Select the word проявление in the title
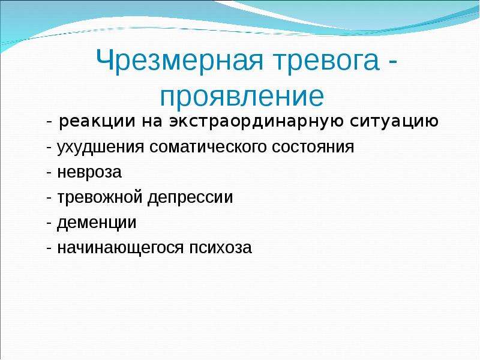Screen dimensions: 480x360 [242, 97]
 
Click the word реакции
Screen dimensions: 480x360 [97, 122]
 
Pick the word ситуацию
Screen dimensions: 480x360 [394, 122]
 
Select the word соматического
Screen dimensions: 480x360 [208, 147]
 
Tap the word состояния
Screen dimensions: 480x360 [313, 147]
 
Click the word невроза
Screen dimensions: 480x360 [89, 172]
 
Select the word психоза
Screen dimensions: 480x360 [220, 248]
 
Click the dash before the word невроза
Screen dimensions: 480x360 [49, 173]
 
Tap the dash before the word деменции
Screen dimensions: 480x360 [49, 223]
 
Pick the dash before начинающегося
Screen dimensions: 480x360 [49, 248]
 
